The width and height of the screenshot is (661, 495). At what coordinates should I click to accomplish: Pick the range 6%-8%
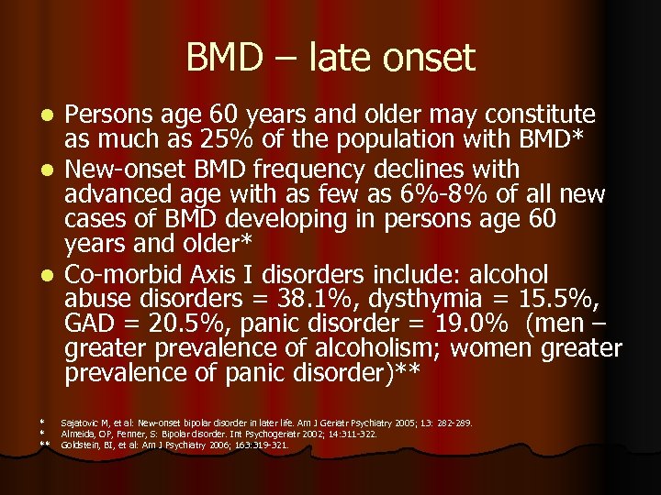tap(467, 195)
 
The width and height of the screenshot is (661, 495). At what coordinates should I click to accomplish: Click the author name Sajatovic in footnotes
tap(81, 423)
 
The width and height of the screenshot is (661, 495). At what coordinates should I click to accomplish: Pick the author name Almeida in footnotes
tap(78, 434)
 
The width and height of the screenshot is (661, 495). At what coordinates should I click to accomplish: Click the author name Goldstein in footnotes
tap(81, 445)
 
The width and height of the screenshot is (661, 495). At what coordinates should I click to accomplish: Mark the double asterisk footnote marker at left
tap(44, 445)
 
